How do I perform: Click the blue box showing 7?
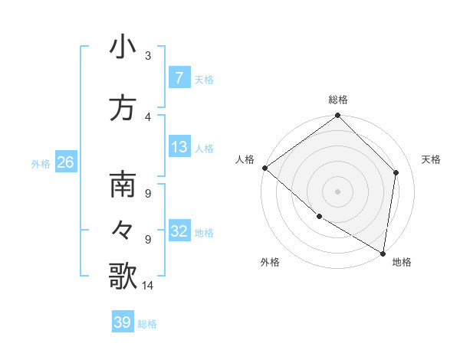click(179, 78)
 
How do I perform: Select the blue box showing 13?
click(179, 147)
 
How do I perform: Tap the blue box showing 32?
click(179, 231)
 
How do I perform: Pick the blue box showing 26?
click(65, 162)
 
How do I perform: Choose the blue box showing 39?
click(123, 322)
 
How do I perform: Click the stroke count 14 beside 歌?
click(148, 286)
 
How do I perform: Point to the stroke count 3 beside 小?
click(148, 56)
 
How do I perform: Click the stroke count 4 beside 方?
click(148, 117)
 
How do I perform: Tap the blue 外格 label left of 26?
click(41, 163)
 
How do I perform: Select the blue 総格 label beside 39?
click(147, 324)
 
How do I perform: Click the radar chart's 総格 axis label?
click(338, 100)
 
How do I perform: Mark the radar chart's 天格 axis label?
click(432, 159)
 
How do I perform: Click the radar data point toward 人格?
click(264, 168)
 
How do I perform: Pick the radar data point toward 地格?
click(383, 252)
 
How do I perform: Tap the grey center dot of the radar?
click(337, 191)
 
